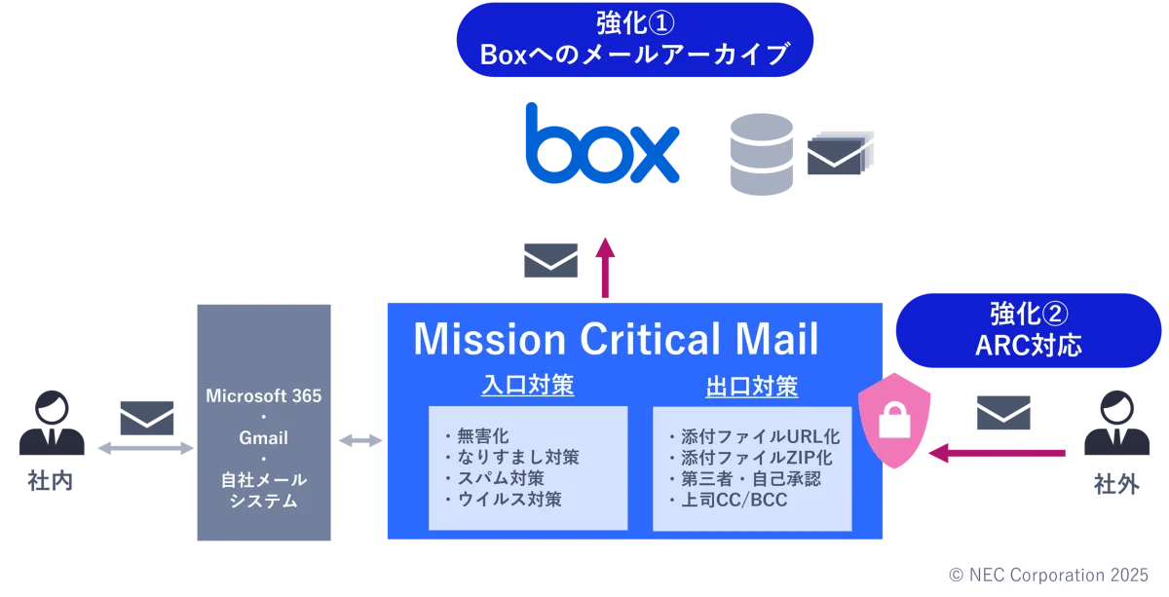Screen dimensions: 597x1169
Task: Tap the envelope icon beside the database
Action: point(835,158)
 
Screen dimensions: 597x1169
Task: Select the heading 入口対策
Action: point(527,386)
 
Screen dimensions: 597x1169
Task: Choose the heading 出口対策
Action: point(751,387)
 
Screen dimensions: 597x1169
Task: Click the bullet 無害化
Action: point(482,435)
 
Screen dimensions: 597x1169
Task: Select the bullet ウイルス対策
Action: point(508,500)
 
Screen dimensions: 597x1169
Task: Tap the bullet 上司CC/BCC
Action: point(734,500)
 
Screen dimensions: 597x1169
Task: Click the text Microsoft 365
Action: point(264,396)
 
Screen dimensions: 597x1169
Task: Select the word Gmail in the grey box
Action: point(264,438)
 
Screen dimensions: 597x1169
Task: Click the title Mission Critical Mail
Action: point(616,339)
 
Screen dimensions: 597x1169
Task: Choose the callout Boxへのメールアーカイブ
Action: point(634,40)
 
